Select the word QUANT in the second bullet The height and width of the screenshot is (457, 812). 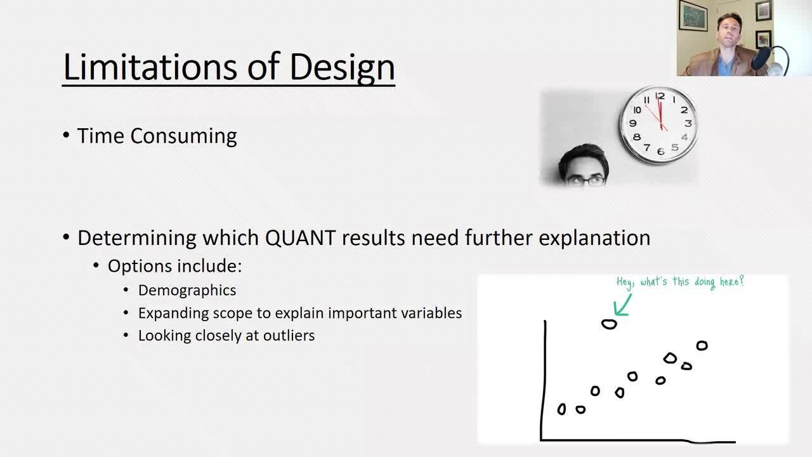(300, 238)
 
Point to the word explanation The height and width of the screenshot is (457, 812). (594, 239)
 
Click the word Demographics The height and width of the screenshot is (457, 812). (187, 291)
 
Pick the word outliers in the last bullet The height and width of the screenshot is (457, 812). (289, 336)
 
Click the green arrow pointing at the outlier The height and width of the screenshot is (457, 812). (622, 306)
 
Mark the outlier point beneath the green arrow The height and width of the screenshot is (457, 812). (609, 324)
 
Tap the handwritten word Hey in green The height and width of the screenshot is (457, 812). (624, 282)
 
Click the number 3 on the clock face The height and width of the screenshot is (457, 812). (688, 123)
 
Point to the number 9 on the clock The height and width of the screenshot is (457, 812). (633, 123)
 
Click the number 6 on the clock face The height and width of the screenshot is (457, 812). (660, 152)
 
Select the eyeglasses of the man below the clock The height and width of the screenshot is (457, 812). (587, 181)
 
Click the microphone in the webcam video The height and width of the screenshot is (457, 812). (761, 58)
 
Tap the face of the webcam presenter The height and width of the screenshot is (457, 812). (730, 32)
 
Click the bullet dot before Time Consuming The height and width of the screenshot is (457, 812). (66, 135)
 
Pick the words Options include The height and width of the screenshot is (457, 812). (174, 266)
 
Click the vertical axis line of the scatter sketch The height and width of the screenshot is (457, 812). (544, 380)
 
